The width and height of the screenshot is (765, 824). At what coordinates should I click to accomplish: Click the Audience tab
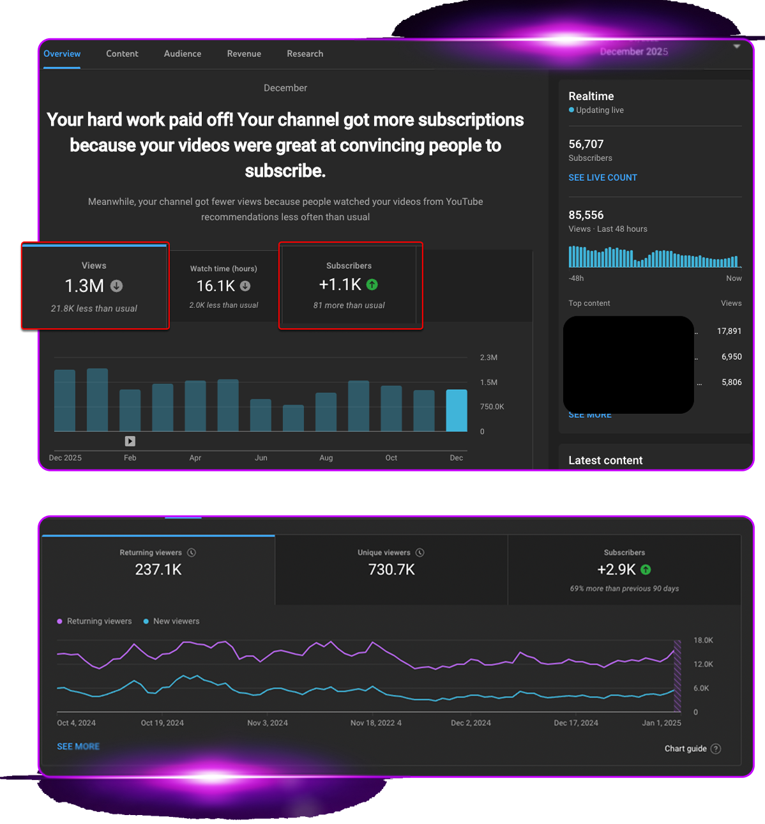(183, 54)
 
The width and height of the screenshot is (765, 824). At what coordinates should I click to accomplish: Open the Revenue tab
(244, 54)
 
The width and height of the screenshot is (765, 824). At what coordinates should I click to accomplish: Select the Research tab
(305, 54)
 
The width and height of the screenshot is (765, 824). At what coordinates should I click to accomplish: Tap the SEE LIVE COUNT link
(603, 178)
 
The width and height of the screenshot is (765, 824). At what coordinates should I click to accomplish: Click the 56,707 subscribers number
(586, 144)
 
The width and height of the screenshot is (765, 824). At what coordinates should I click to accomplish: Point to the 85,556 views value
(586, 215)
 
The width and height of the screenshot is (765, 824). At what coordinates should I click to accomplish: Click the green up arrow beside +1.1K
(372, 285)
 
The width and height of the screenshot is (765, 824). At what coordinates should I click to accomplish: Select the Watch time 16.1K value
(216, 286)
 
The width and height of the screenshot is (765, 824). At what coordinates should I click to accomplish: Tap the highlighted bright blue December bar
(457, 411)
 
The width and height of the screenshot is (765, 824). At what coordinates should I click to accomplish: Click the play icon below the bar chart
(130, 441)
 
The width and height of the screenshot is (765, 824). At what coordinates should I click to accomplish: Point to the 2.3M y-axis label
(489, 358)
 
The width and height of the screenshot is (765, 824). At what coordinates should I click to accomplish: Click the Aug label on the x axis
(326, 458)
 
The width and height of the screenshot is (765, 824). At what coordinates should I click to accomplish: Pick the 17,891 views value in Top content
(729, 331)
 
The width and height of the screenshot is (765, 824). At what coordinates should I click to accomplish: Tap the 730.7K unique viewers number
(391, 570)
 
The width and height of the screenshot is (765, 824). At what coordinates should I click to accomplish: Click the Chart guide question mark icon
(716, 749)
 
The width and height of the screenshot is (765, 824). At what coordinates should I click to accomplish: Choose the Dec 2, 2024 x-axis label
(471, 723)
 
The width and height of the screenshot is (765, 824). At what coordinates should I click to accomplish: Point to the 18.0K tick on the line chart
(703, 640)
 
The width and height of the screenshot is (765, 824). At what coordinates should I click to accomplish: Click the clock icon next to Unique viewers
(420, 553)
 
